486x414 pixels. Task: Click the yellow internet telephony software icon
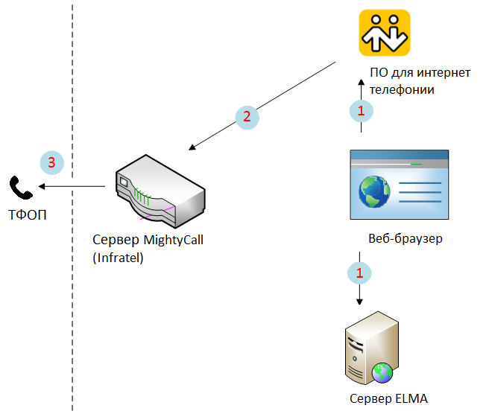click(385, 33)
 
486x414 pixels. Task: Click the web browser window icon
click(400, 185)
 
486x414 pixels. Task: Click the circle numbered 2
click(247, 116)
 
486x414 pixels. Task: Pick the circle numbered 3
click(51, 162)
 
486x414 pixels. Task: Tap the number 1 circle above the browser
click(361, 111)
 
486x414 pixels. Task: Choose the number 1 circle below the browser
click(360, 273)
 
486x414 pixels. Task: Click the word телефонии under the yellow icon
click(402, 89)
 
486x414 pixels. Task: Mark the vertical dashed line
click(72, 298)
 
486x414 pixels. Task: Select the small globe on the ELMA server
click(382, 372)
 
